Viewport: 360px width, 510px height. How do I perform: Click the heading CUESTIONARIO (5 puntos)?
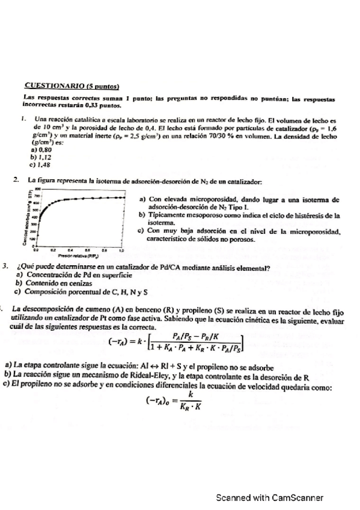tap(71, 85)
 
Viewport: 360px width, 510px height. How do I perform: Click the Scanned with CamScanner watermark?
tap(270, 497)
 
